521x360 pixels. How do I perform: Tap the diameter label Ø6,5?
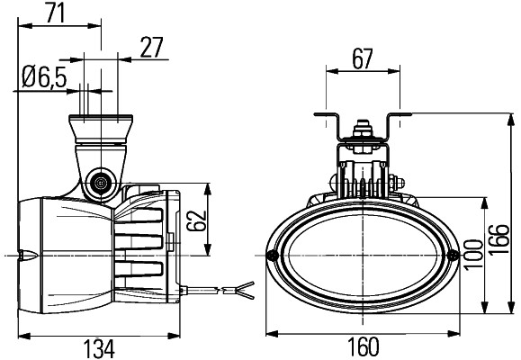click(x=42, y=78)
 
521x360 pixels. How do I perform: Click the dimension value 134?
click(x=101, y=347)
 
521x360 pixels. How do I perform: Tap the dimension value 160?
click(x=361, y=347)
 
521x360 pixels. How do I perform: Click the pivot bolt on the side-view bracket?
click(x=99, y=182)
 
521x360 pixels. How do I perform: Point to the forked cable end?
click(x=244, y=289)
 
